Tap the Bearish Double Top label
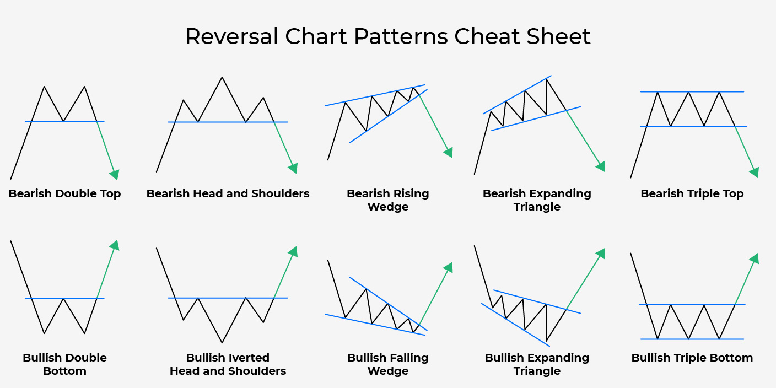tap(64, 193)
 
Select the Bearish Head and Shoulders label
tap(228, 193)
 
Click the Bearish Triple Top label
tap(692, 193)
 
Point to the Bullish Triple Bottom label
tap(692, 358)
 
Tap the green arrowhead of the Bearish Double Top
tap(115, 175)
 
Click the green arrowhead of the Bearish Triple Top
tap(755, 173)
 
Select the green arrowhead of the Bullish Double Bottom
tap(115, 245)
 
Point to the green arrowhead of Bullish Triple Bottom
tap(755, 258)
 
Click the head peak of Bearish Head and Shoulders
tap(222, 77)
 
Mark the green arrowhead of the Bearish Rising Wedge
tap(449, 153)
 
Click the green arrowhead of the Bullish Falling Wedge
tap(449, 267)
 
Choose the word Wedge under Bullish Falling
tap(388, 371)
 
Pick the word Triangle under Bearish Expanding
tap(537, 207)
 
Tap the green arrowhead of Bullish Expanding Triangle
tap(601, 253)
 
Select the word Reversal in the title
tap(231, 36)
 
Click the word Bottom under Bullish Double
tap(64, 371)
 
